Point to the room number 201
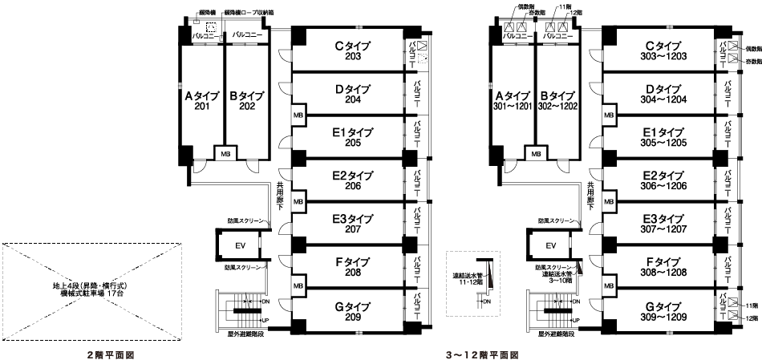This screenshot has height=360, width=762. [x=201, y=107]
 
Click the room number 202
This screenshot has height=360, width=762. [x=246, y=107]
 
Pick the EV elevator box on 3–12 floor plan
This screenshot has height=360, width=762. [x=550, y=245]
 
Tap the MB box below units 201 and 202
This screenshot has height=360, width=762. [x=225, y=153]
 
